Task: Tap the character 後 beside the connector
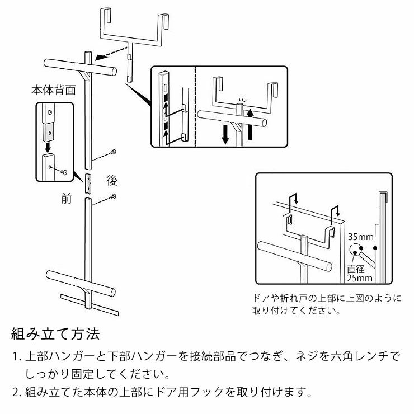click(x=112, y=181)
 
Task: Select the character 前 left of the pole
click(x=66, y=199)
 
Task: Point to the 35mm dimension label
click(x=360, y=237)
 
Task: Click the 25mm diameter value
click(x=360, y=277)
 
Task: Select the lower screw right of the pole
click(x=114, y=196)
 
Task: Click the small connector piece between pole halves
click(x=88, y=183)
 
